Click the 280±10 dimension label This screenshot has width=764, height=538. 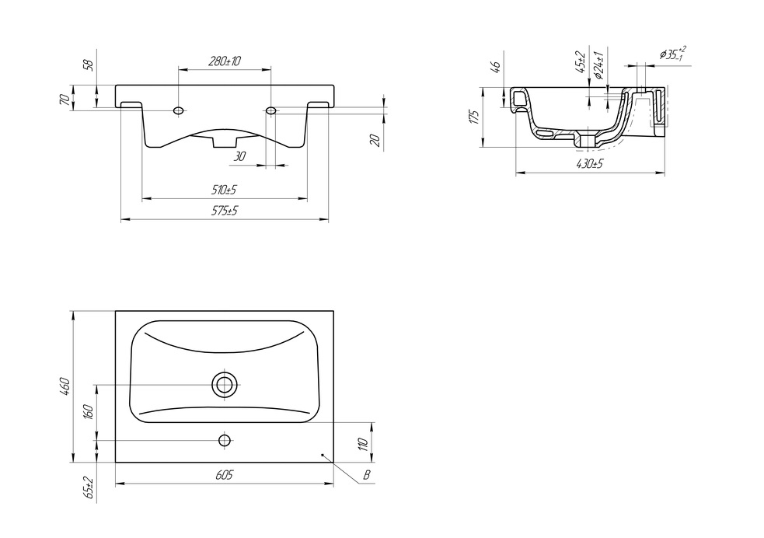click(225, 61)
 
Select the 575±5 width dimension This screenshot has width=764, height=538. click(225, 211)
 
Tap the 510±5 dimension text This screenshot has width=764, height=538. click(224, 190)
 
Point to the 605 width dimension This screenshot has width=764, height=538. click(224, 475)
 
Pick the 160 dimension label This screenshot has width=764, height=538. click(89, 412)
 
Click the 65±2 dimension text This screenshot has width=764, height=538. click(89, 487)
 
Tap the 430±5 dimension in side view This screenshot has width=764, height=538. click(590, 164)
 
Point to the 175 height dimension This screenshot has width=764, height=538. click(475, 117)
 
